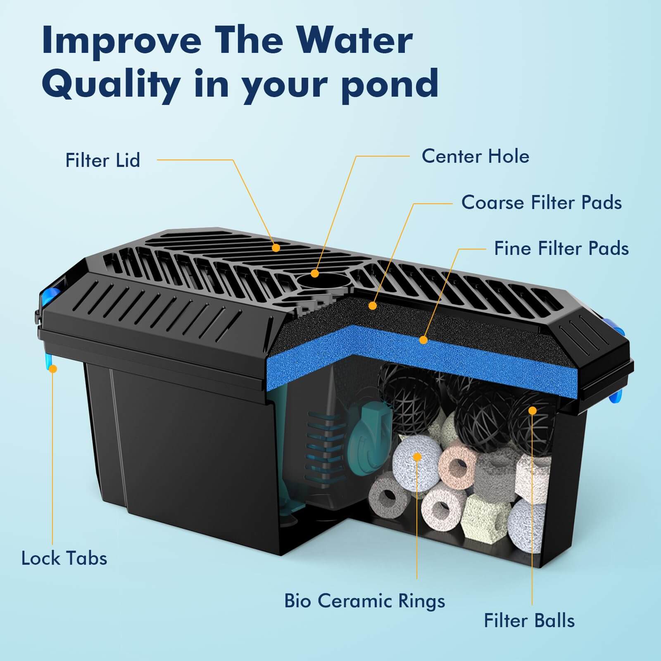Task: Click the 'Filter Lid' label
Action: click(102, 160)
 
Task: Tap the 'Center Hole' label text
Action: click(475, 157)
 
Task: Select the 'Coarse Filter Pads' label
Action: click(541, 202)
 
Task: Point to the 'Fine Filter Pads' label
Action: click(561, 248)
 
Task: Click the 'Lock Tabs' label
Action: click(64, 558)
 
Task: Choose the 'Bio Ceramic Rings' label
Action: click(364, 601)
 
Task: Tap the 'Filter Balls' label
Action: click(529, 621)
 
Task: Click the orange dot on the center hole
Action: click(315, 273)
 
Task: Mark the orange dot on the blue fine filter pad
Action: click(423, 340)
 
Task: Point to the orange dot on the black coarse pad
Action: click(373, 306)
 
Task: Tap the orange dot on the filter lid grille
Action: click(276, 248)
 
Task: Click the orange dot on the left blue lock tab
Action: click(52, 369)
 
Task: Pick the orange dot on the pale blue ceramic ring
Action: click(417, 457)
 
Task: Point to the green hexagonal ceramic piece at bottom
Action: click(483, 516)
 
